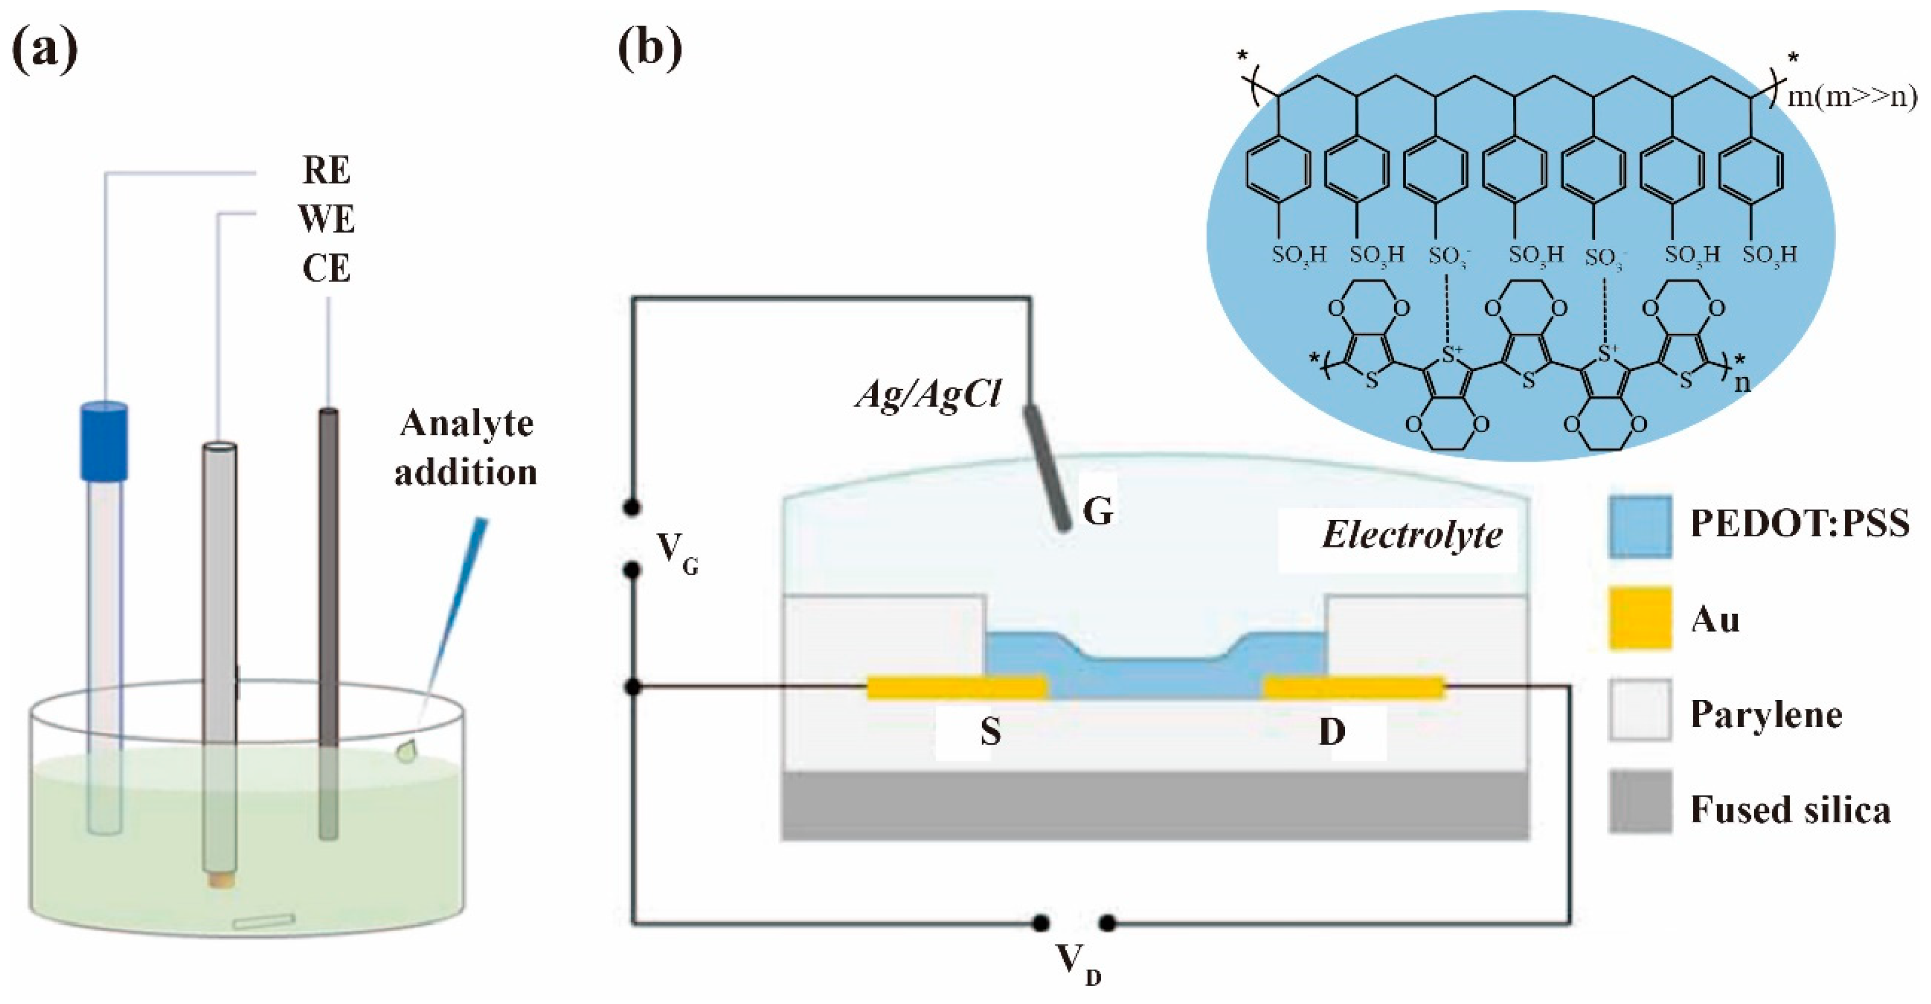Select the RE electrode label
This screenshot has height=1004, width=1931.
tap(326, 171)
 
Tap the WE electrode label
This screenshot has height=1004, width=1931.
tap(326, 219)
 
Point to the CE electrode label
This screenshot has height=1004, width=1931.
tap(326, 268)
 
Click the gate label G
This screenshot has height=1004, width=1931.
tap(1097, 512)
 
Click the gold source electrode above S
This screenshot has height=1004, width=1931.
tap(957, 687)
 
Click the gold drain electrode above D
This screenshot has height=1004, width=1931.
tap(1354, 687)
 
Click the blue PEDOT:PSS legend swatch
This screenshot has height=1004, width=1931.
tap(1640, 527)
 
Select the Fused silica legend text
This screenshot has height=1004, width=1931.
tap(1790, 810)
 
